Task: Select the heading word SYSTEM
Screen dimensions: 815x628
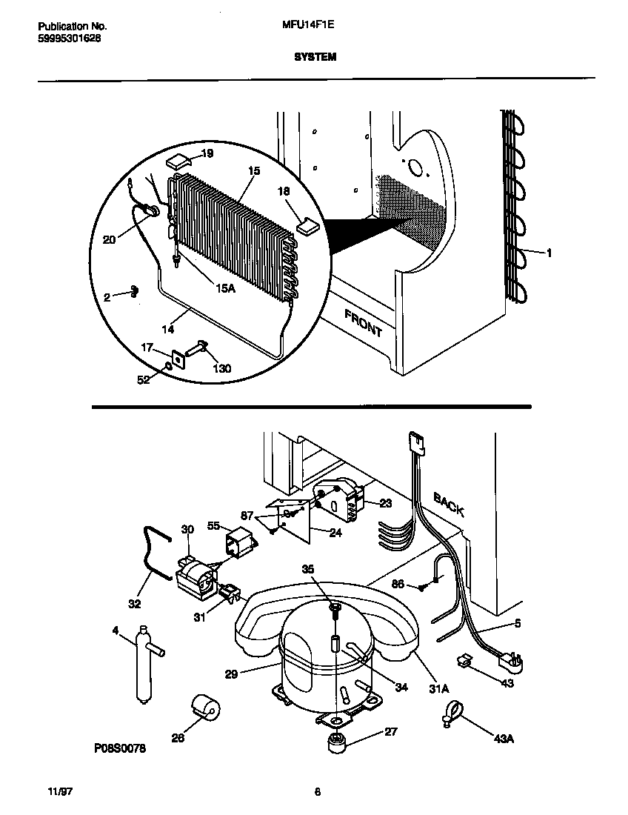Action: click(x=314, y=56)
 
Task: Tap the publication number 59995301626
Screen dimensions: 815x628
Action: click(x=69, y=39)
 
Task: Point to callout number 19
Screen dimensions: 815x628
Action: click(x=207, y=153)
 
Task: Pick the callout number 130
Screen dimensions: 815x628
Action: click(x=221, y=368)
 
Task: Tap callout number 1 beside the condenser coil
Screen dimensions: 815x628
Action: click(x=549, y=253)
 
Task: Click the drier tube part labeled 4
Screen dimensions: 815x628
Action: click(x=144, y=663)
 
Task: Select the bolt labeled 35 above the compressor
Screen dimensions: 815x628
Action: click(x=333, y=609)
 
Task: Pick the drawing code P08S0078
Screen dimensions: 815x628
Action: click(x=120, y=748)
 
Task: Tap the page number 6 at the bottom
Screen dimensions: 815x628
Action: click(x=317, y=792)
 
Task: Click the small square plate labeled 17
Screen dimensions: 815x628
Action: click(x=178, y=359)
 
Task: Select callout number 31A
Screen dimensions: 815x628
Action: click(x=439, y=689)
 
